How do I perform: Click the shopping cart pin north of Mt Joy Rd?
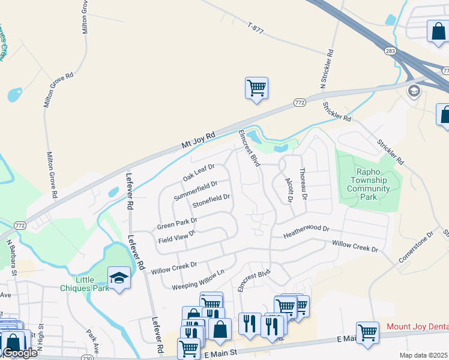[256, 88]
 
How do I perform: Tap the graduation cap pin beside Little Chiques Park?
[119, 277]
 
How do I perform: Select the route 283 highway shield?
[391, 52]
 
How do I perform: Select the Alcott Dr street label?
[288, 188]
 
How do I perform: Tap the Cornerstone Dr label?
[415, 247]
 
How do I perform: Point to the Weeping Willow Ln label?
[197, 279]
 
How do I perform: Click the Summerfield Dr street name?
[194, 191]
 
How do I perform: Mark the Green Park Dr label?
[177, 222]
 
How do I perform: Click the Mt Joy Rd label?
[197, 141]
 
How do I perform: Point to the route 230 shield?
[86, 358]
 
